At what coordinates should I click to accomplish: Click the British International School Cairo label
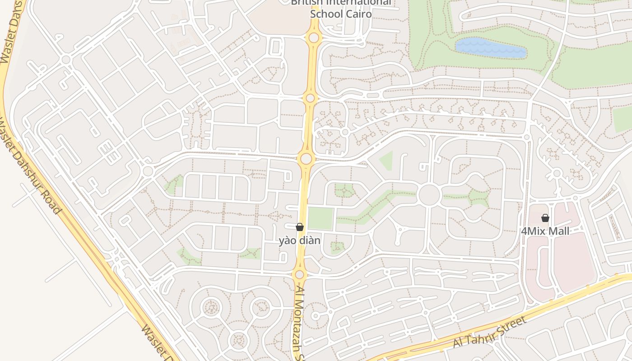[x=341, y=8]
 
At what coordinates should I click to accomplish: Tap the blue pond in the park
[x=491, y=48]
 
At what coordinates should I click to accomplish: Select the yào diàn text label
[x=299, y=241]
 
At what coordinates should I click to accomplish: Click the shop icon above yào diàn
[x=299, y=227]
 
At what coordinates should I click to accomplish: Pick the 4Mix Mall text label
[x=545, y=231]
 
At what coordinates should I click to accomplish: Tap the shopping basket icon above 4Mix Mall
[x=545, y=218]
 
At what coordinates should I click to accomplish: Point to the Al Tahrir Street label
[x=490, y=332]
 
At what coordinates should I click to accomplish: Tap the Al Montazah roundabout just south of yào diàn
[x=299, y=274]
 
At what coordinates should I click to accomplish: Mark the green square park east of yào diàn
[x=321, y=218]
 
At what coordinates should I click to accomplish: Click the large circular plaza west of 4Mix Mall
[x=429, y=195]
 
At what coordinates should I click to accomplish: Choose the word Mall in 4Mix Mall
[x=558, y=231]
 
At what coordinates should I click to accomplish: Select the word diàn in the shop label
[x=309, y=241]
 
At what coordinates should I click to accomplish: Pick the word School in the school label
[x=324, y=14]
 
